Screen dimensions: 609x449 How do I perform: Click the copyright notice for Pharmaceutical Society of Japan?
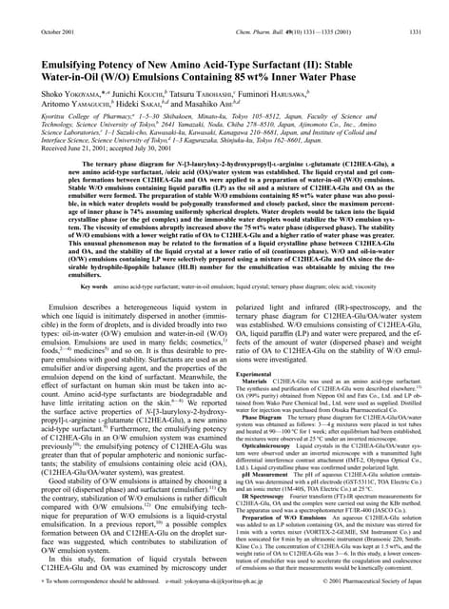(351, 601)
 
